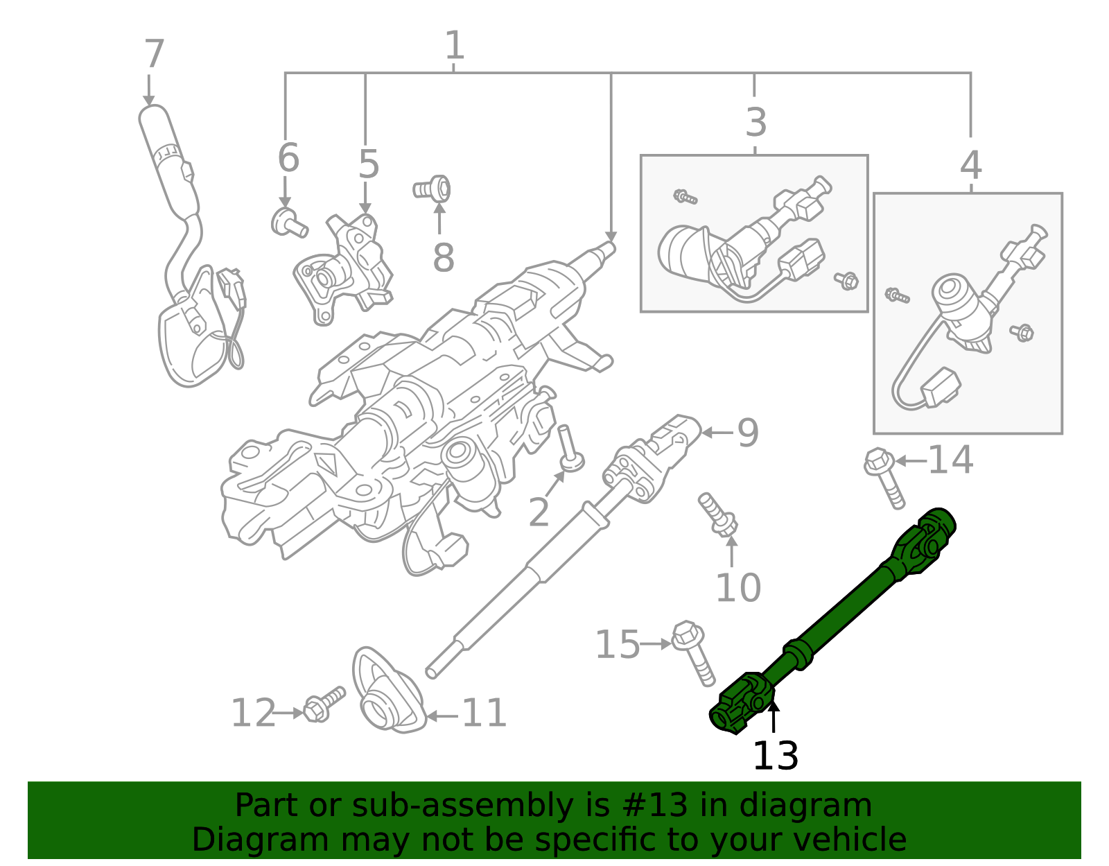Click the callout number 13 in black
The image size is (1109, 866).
[x=775, y=756]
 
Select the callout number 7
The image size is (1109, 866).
[x=154, y=54]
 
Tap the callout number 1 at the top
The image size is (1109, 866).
[x=454, y=46]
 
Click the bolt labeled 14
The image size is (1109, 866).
[x=885, y=478]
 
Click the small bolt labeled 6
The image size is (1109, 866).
[x=287, y=223]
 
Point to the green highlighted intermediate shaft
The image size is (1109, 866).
[x=832, y=624]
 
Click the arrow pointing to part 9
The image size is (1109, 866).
[x=717, y=433]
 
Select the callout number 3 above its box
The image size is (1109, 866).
[x=756, y=122]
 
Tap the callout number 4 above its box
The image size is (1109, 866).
[x=970, y=165]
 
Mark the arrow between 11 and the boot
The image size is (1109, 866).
[x=442, y=716]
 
